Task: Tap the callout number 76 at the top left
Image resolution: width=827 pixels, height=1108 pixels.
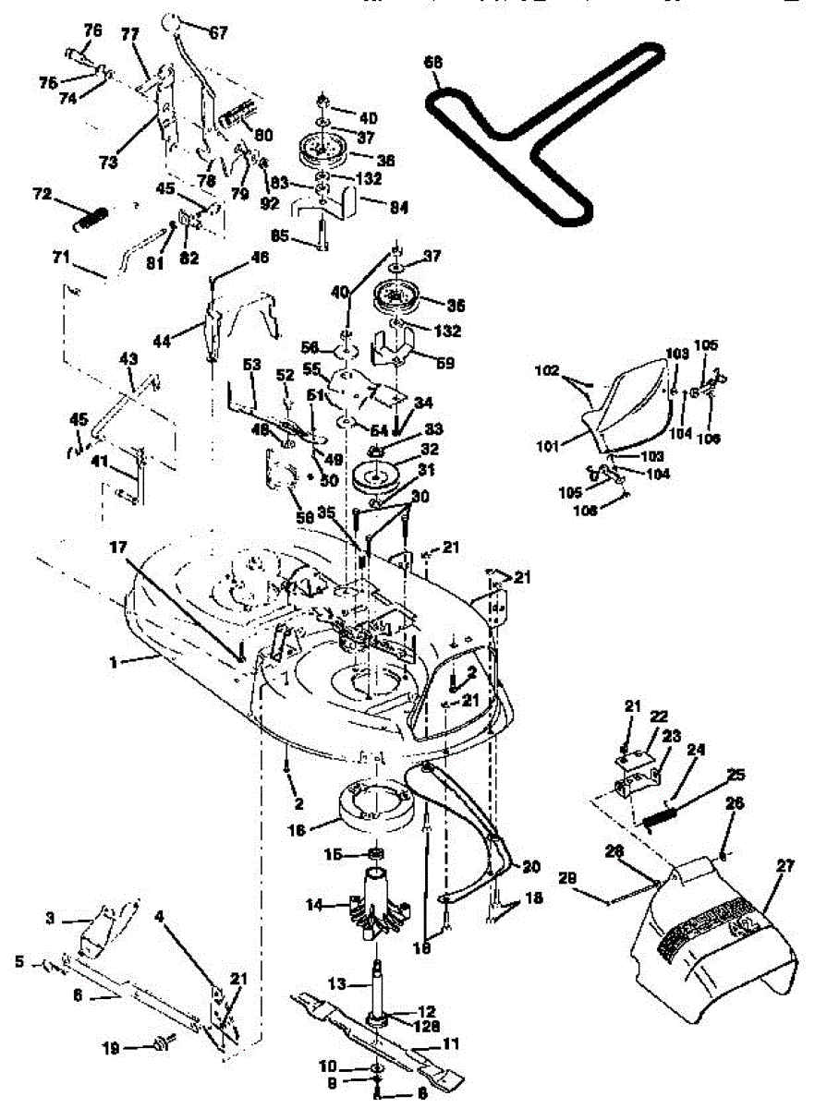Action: [92, 30]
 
